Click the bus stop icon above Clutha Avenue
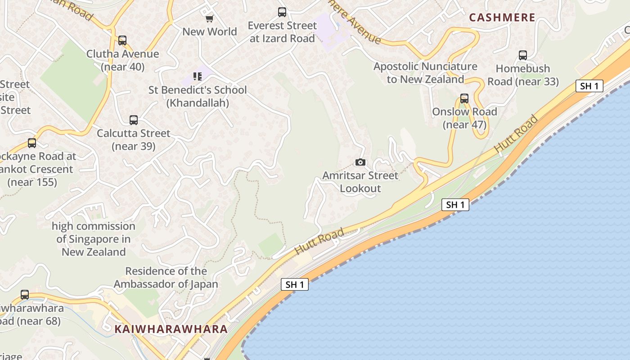[x=122, y=40]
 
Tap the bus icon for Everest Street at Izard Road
[x=282, y=12]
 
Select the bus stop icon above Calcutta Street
[x=134, y=120]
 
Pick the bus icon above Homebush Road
[x=522, y=55]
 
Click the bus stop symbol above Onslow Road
[x=464, y=99]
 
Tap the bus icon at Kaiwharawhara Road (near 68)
[x=25, y=295]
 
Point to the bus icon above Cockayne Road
[x=32, y=143]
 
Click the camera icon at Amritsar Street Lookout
[x=360, y=162]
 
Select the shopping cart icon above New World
[x=209, y=18]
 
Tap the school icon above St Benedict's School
[x=198, y=76]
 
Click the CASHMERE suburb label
[x=502, y=18]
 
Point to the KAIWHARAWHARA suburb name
[x=171, y=329]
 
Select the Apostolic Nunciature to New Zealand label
[x=425, y=73]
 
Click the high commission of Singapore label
[x=94, y=239]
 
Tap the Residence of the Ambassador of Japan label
[x=166, y=278]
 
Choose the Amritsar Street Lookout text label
[x=360, y=182]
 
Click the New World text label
[x=210, y=31]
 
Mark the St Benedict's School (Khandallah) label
[x=198, y=96]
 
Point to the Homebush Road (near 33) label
[x=523, y=75]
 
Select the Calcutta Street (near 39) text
[x=134, y=139]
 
